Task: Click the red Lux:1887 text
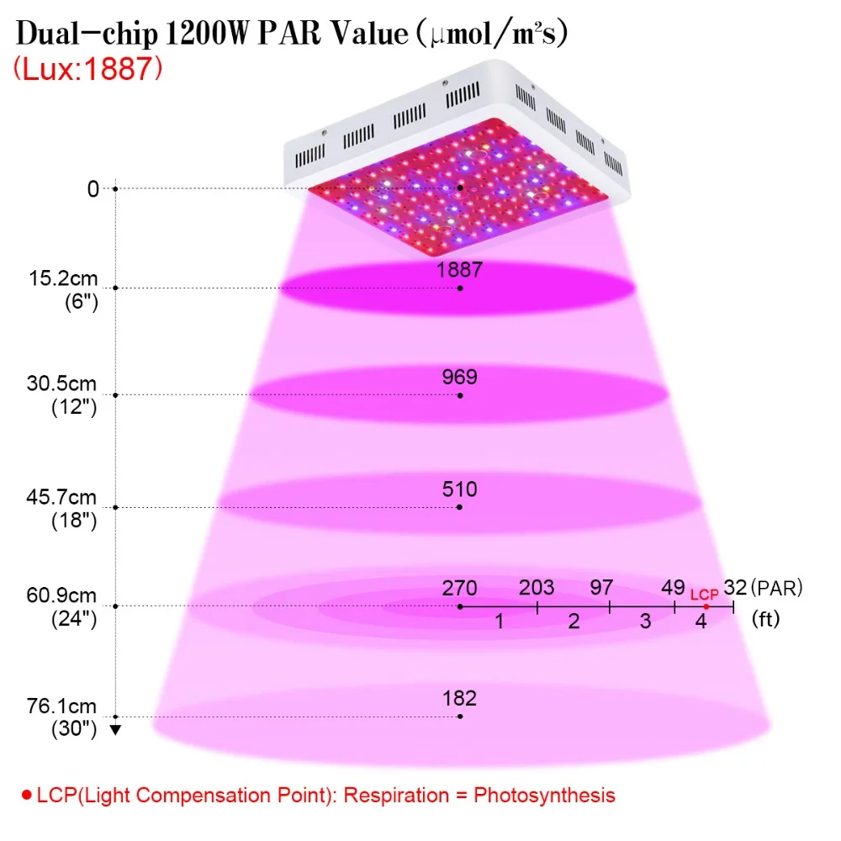pyautogui.click(x=87, y=69)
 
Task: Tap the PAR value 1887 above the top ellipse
pyautogui.click(x=459, y=269)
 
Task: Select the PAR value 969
pyautogui.click(x=460, y=377)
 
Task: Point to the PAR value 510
pyautogui.click(x=460, y=489)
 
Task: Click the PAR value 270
pyautogui.click(x=460, y=589)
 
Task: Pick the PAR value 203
pyautogui.click(x=537, y=588)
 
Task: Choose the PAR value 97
pyautogui.click(x=601, y=588)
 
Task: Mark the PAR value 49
pyautogui.click(x=673, y=588)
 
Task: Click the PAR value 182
pyautogui.click(x=460, y=698)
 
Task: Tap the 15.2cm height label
pyautogui.click(x=63, y=278)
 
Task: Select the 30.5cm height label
pyautogui.click(x=61, y=384)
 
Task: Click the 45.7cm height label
pyautogui.click(x=61, y=497)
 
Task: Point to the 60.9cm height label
pyautogui.click(x=61, y=595)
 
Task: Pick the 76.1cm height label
pyautogui.click(x=61, y=706)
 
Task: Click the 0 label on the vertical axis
pyautogui.click(x=93, y=188)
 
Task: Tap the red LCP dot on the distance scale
pyautogui.click(x=706, y=606)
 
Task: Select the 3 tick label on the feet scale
pyautogui.click(x=646, y=621)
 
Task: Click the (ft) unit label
pyautogui.click(x=766, y=619)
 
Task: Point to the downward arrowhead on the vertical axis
pyautogui.click(x=115, y=730)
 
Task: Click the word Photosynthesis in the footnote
pyautogui.click(x=544, y=796)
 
